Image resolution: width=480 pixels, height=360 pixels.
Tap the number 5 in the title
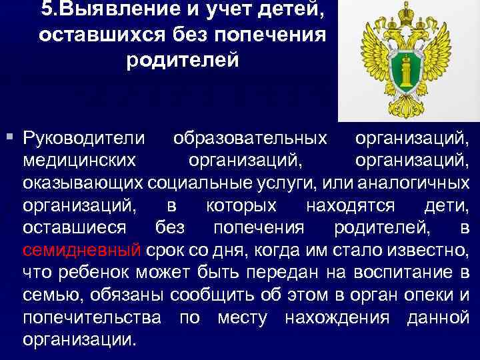[x=47, y=11]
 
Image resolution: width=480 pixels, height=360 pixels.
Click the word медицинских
[x=79, y=161]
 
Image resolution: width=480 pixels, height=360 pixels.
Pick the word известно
[x=426, y=250]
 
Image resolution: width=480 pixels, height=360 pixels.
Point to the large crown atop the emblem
[x=407, y=13]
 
